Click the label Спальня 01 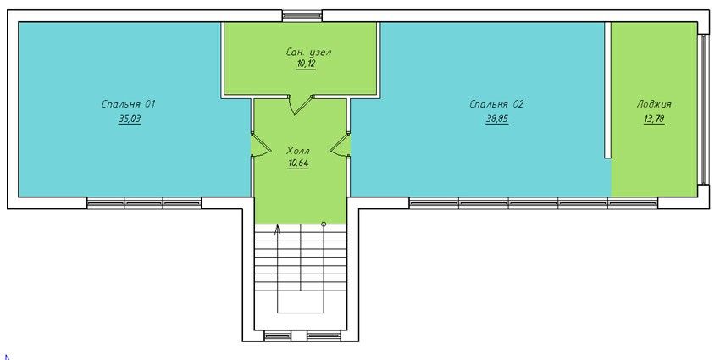pos(129,105)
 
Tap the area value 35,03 pos(130,119)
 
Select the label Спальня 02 pos(496,105)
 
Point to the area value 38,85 pos(497,119)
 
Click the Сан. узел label pos(307,53)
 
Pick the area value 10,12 pos(307,64)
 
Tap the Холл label pos(298,151)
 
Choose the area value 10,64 pos(298,163)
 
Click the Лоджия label pos(654,105)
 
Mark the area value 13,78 pos(654,119)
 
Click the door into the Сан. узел pos(301,104)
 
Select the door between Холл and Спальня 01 pos(261,145)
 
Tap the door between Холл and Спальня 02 pos(341,145)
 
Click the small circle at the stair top pos(324,224)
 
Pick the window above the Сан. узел pos(302,16)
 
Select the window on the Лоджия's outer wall pos(703,109)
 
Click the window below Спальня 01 pos(144,203)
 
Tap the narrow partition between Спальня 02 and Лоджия pos(607,91)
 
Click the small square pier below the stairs pos(299,335)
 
